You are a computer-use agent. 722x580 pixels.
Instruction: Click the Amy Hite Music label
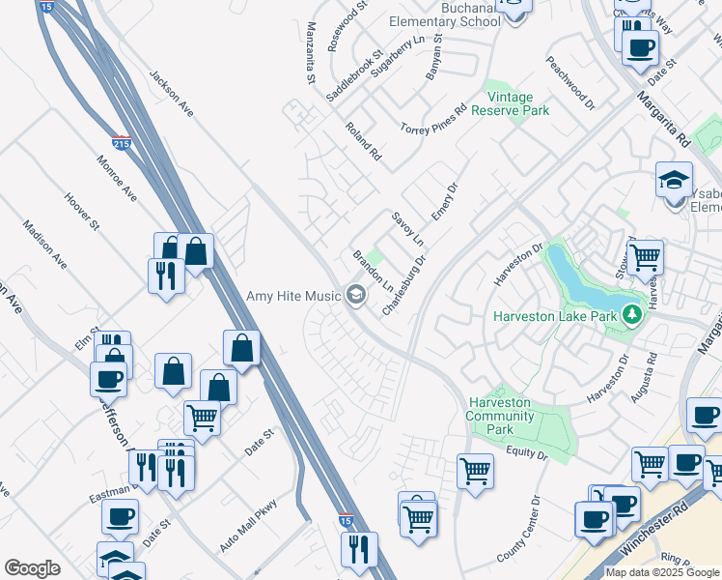(x=294, y=296)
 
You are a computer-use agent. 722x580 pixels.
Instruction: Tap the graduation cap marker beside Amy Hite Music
(x=356, y=295)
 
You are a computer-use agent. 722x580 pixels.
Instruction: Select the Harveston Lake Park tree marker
(x=632, y=313)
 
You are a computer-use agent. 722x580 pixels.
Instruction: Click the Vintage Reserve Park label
(x=517, y=104)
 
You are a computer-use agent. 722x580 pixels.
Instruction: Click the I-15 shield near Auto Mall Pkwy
(x=346, y=520)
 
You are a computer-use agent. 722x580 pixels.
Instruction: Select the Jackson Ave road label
(x=172, y=94)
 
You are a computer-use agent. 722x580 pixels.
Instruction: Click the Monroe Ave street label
(x=117, y=178)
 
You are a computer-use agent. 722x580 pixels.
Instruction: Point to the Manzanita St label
(x=311, y=54)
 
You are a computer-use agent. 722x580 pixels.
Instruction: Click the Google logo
(x=32, y=568)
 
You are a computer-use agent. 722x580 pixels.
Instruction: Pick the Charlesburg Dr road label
(x=404, y=283)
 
